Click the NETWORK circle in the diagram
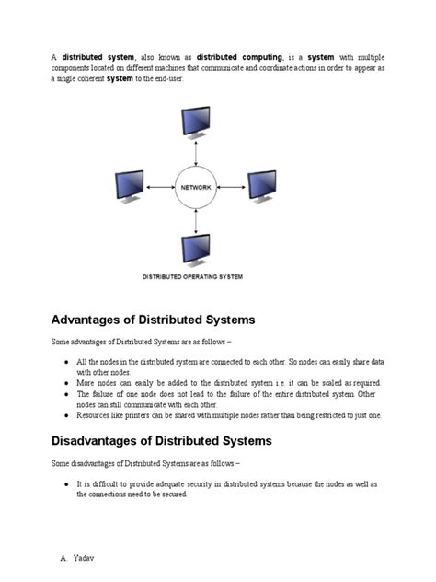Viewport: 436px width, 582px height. coord(194,187)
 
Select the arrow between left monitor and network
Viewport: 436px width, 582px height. coord(158,187)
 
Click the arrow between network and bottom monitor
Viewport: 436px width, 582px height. coord(194,222)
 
